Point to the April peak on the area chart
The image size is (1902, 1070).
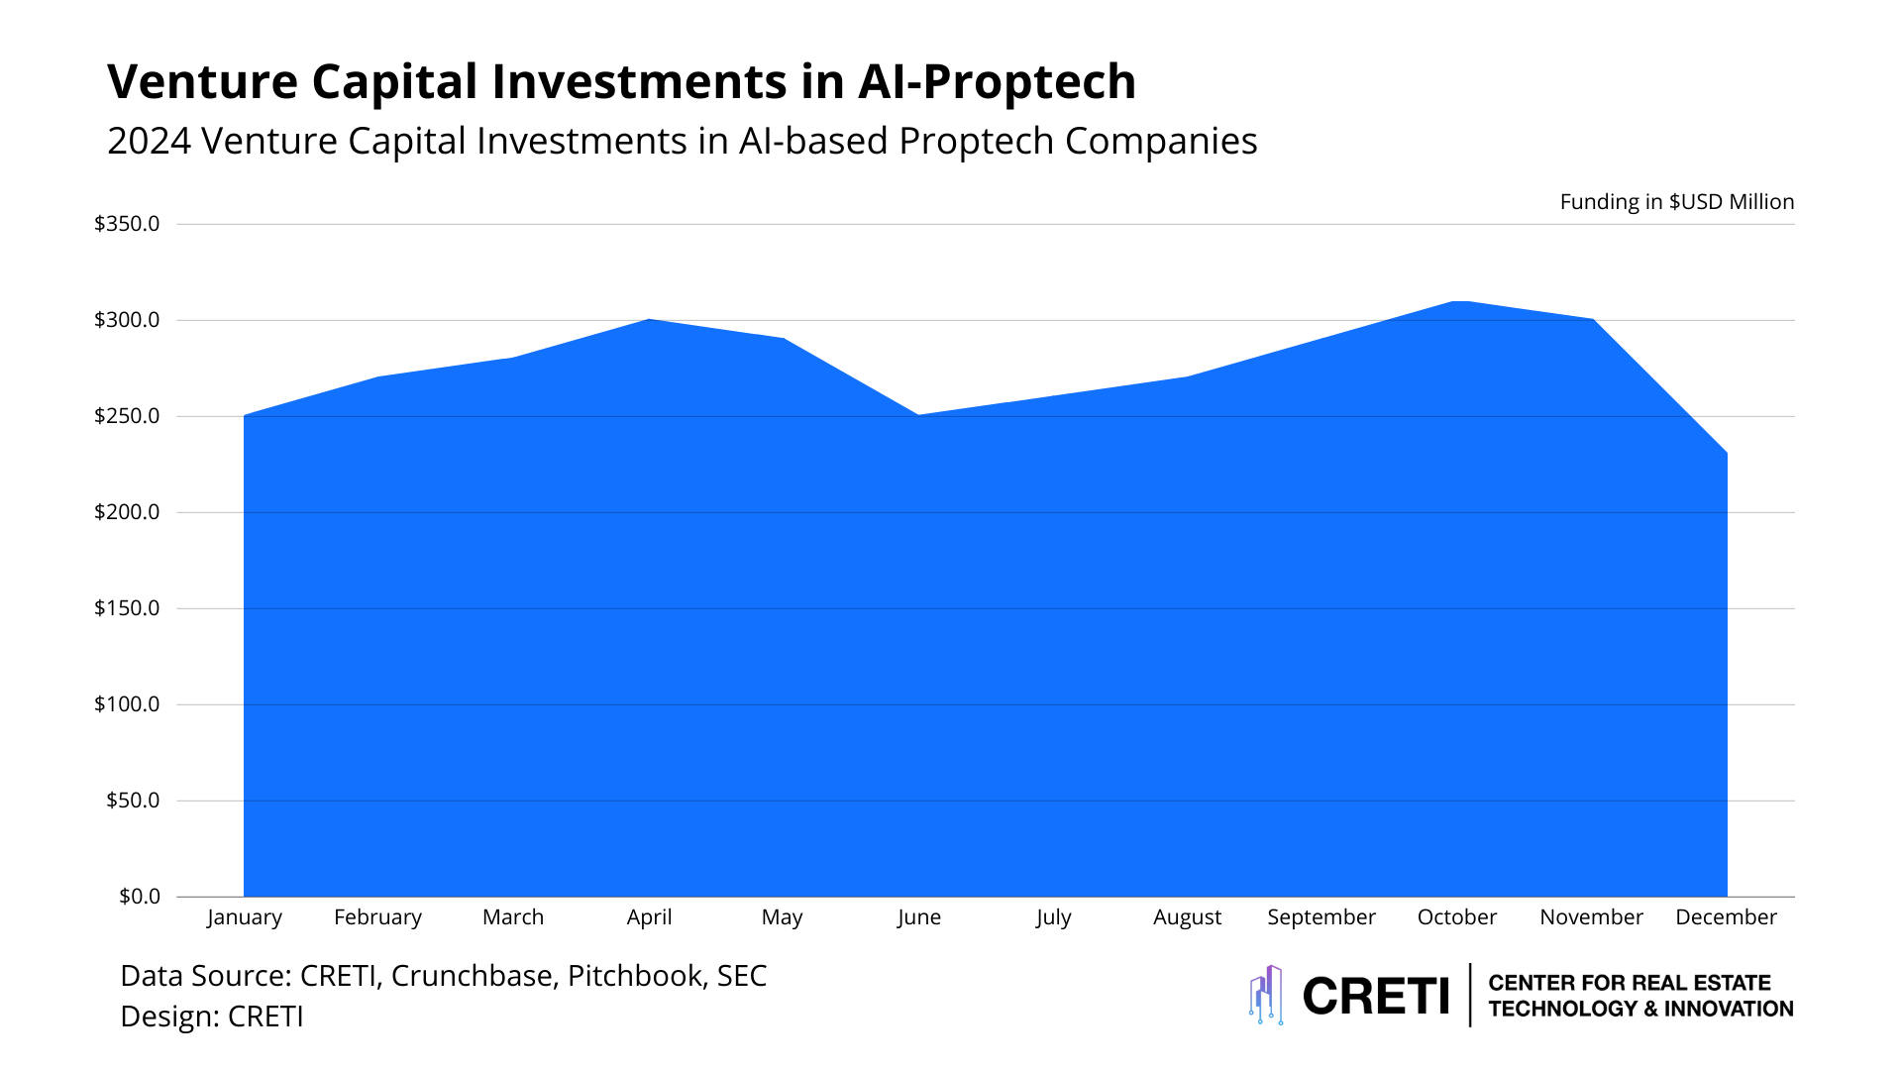pos(649,320)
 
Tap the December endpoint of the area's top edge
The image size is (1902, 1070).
pos(1726,454)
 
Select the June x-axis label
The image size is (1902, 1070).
pos(918,917)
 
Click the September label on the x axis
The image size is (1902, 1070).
pos(1321,917)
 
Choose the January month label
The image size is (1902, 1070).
pos(244,917)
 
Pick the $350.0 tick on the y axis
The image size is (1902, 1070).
pos(127,224)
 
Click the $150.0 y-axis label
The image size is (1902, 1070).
pos(127,608)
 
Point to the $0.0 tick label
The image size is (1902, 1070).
pos(139,897)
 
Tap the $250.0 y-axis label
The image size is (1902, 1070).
pos(127,416)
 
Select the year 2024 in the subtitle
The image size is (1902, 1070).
pos(149,142)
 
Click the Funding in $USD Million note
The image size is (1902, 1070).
pos(1676,202)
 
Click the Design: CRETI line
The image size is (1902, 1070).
pos(211,1016)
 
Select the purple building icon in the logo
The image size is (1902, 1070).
pos(1266,995)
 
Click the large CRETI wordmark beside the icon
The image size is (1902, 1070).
pos(1375,996)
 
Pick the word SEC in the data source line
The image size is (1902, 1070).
pos(741,976)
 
